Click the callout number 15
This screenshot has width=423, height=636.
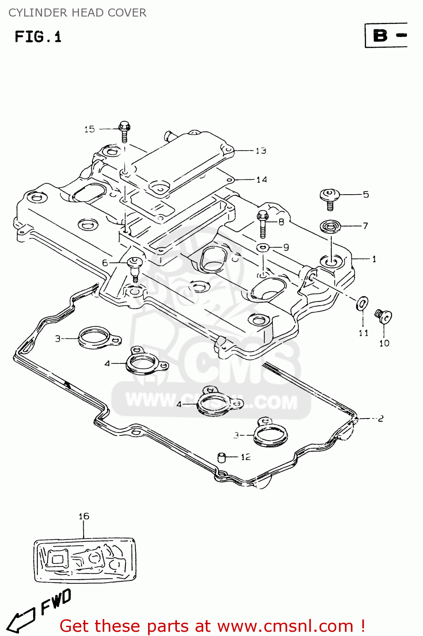(x=90, y=129)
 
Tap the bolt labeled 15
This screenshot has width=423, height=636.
(x=124, y=131)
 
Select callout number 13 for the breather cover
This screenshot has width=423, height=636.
(x=261, y=151)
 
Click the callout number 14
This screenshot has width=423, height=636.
(x=261, y=180)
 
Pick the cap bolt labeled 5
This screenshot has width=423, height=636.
(x=329, y=198)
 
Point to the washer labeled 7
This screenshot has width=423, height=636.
(x=331, y=226)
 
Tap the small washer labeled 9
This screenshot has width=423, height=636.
(x=263, y=247)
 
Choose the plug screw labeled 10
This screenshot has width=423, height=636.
(x=383, y=316)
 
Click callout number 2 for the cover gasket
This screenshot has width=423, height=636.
(x=380, y=418)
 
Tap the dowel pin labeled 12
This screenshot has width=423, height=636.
(x=221, y=457)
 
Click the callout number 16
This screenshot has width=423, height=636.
(x=84, y=516)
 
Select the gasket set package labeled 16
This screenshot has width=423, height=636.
(x=85, y=560)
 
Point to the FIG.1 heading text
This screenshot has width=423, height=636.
(x=38, y=37)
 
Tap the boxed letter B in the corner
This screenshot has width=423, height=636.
(x=380, y=36)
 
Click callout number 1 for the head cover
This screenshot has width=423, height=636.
(x=374, y=259)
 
